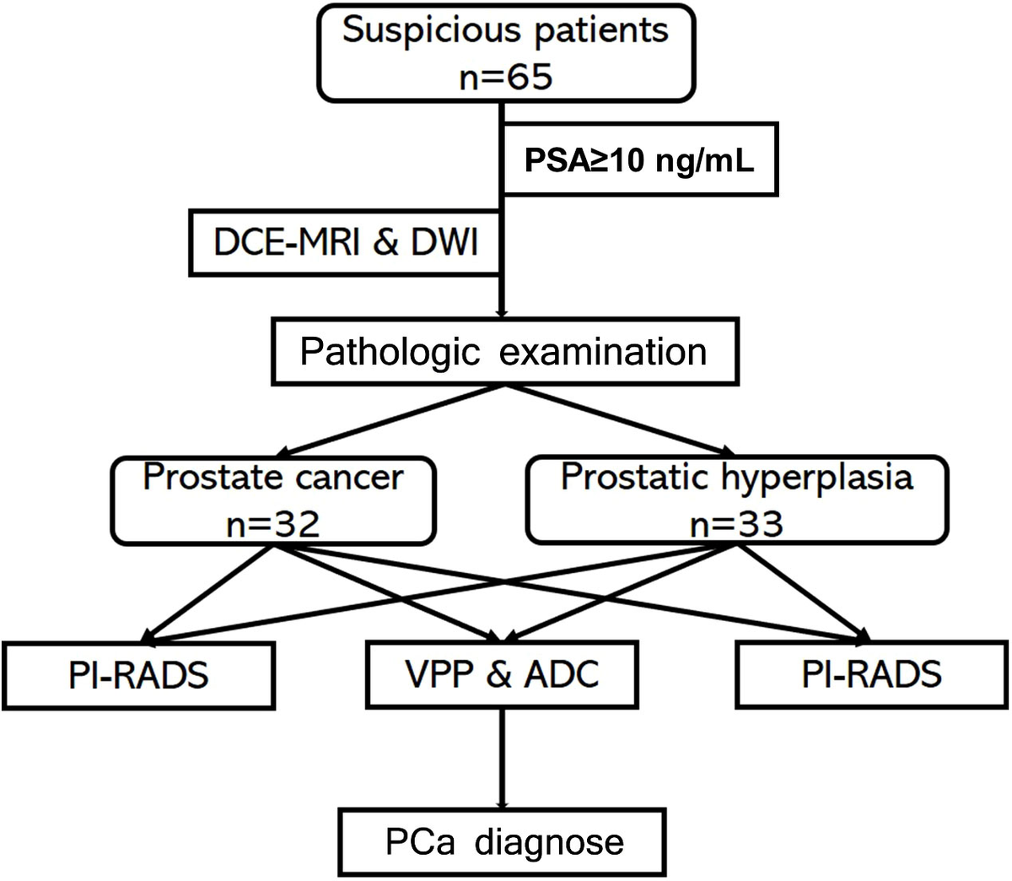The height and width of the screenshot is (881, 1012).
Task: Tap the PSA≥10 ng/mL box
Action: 638,160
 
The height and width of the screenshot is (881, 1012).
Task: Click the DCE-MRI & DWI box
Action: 346,243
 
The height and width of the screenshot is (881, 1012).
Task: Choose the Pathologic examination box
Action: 503,351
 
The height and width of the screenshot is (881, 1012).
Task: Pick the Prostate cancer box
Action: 273,500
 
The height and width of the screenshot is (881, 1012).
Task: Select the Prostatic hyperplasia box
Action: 736,500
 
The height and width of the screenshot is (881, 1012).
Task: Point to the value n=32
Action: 273,524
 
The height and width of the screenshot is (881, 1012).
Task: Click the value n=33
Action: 736,524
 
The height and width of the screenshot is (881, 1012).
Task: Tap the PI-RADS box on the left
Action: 138,675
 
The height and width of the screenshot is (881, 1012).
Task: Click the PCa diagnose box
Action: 503,841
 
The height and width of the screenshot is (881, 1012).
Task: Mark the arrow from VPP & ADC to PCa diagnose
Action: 503,759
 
